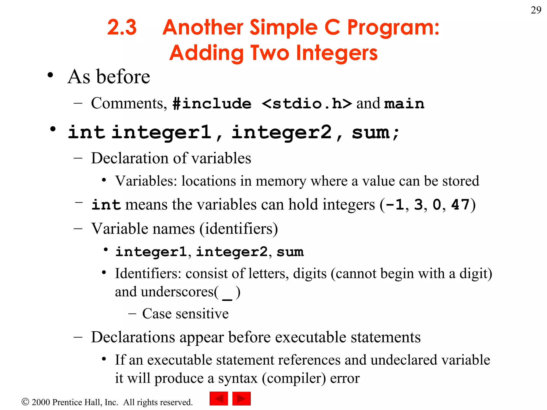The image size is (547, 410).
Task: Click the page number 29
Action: point(536,10)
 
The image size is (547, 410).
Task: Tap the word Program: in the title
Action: point(393,28)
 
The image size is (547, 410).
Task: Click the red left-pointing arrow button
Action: point(219,399)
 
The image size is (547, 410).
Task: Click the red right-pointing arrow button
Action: point(241,399)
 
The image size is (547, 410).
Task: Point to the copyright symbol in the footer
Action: point(25,402)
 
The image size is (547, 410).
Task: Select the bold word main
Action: point(404,104)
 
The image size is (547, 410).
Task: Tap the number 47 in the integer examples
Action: point(460,205)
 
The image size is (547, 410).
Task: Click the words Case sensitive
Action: point(185,313)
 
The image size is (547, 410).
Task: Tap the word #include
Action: point(212,104)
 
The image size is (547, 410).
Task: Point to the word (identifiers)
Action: point(239,229)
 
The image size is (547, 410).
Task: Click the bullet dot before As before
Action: point(50,75)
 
